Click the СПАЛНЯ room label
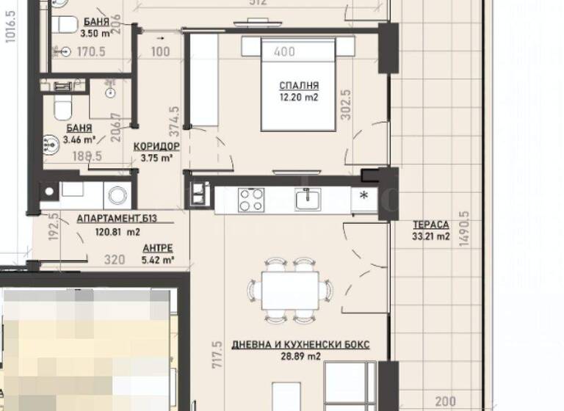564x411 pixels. pos(298,84)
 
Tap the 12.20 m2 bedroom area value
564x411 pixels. pos(298,96)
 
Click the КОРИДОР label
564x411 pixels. pos(156,146)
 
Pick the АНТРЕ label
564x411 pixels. pos(158,248)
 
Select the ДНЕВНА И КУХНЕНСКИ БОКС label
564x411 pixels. pos(300,344)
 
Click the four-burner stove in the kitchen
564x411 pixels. pos(250,198)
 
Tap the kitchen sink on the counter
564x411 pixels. pos(308,198)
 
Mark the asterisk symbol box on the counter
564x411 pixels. pos(363,196)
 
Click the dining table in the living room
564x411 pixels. pos(292,290)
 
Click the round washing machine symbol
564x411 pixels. pos(116,195)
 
